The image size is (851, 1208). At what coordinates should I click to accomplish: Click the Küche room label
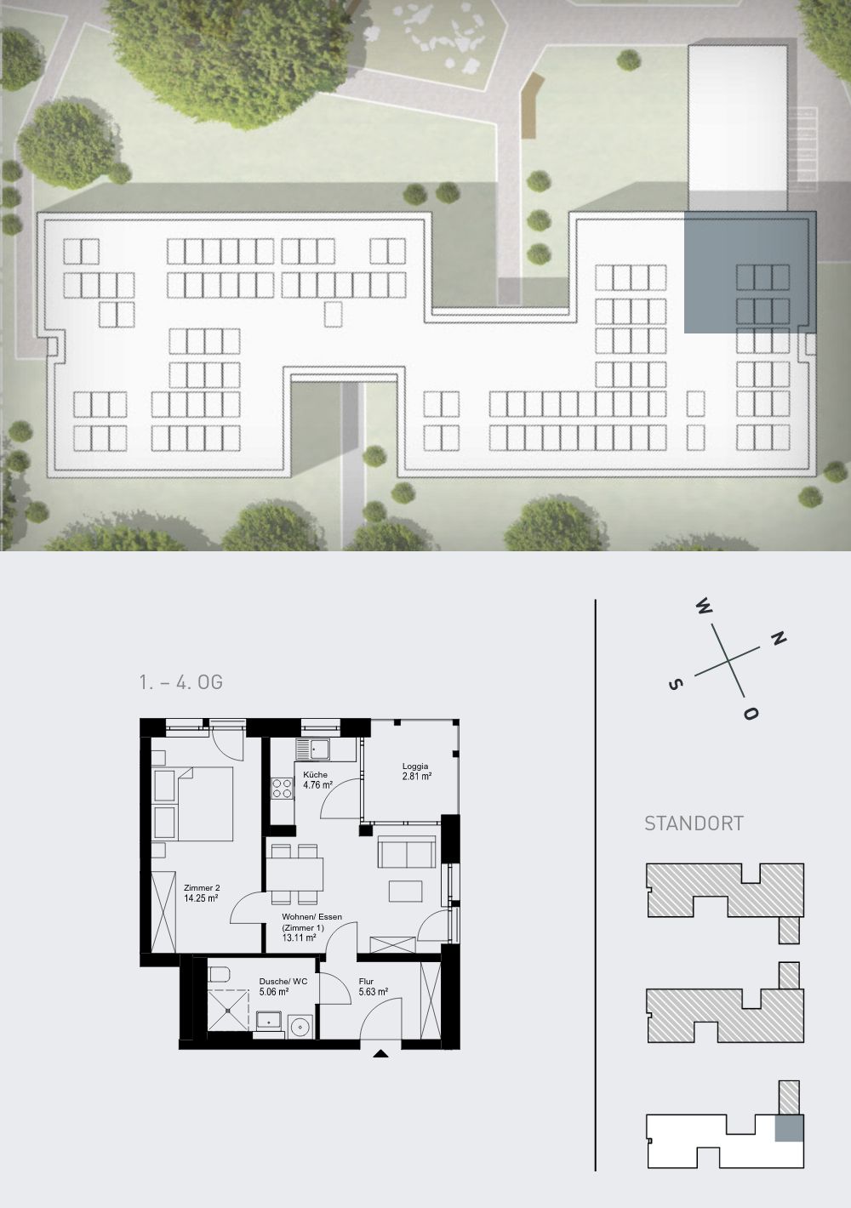tap(315, 774)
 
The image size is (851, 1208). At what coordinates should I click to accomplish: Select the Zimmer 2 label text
tap(202, 887)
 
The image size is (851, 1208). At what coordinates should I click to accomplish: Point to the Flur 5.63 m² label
tap(374, 986)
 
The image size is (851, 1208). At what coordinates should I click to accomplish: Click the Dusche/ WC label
tap(283, 981)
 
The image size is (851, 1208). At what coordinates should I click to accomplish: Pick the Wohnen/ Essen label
tap(312, 916)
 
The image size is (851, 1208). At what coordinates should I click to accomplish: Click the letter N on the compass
tap(778, 639)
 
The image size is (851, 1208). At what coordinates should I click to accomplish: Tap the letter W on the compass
tap(704, 607)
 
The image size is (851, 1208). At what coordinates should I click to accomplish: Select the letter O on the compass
tap(751, 714)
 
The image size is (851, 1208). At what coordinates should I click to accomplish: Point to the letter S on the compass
tap(676, 684)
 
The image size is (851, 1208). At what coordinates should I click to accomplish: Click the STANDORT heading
tap(694, 823)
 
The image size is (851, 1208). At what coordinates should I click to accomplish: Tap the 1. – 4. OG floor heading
tap(180, 682)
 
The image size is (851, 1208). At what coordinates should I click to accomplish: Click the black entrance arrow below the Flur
tap(381, 1053)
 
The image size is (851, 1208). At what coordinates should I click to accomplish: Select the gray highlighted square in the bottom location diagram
tap(790, 1128)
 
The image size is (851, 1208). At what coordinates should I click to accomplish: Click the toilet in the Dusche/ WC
tap(219, 975)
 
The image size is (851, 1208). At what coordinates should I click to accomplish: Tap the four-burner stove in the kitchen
tap(282, 789)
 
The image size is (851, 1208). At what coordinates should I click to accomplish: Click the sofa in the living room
tap(407, 852)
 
